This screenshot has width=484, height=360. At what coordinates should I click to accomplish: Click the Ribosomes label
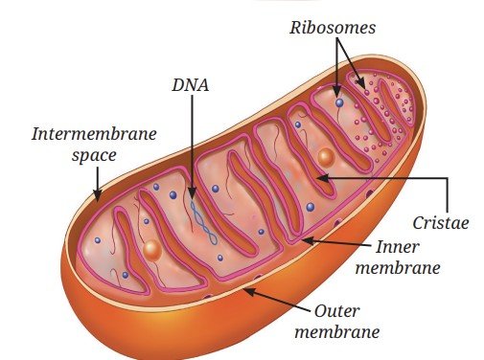pyautogui.click(x=333, y=28)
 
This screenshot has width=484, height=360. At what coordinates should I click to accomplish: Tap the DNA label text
pyautogui.click(x=191, y=85)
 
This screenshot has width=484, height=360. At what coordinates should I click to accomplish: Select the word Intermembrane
pyautogui.click(x=94, y=134)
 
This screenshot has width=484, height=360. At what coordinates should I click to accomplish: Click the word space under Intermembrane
pyautogui.click(x=94, y=156)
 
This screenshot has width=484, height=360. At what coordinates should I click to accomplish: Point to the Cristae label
pyautogui.click(x=441, y=223)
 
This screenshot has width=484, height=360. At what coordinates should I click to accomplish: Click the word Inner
pyautogui.click(x=397, y=247)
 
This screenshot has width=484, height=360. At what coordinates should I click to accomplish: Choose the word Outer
pyautogui.click(x=336, y=311)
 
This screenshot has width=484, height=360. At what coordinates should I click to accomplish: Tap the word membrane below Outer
pyautogui.click(x=337, y=331)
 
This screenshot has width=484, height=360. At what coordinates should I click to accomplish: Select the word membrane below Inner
pyautogui.click(x=398, y=267)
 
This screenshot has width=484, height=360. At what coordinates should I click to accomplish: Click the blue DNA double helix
pyautogui.click(x=203, y=222)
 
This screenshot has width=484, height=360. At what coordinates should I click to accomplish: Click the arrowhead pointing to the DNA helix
pyautogui.click(x=192, y=193)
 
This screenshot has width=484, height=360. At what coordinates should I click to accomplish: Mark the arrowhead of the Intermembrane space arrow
pyautogui.click(x=98, y=194)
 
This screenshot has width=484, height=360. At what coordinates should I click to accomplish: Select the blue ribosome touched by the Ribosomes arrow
pyautogui.click(x=339, y=102)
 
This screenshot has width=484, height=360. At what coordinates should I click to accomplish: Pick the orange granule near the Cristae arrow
pyautogui.click(x=326, y=157)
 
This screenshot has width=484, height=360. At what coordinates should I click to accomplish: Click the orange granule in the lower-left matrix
pyautogui.click(x=151, y=250)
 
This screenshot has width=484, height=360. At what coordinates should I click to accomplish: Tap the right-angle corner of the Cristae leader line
pyautogui.click(x=448, y=178)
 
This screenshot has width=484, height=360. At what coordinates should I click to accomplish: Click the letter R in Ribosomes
pyautogui.click(x=295, y=28)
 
